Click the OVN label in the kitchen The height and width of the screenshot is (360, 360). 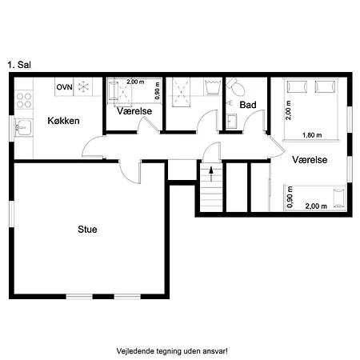coord(64,87)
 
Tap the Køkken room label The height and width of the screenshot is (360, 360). coord(63,121)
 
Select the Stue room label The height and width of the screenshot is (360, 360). coord(87,230)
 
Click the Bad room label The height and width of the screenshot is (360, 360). coord(248,105)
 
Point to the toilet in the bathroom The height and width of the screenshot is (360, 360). coord(236,86)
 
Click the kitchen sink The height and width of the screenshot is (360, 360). coord(23,127)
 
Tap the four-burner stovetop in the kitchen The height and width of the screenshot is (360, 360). coord(24,100)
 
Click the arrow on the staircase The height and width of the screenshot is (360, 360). coord(211,174)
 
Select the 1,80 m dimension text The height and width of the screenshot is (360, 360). coord(312,135)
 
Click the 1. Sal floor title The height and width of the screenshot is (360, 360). coord(19,65)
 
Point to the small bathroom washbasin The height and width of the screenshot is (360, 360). coord(231,122)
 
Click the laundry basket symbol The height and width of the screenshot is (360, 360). coord(213,86)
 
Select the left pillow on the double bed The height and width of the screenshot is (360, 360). coord(297,86)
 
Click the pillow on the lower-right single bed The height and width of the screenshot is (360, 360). coord(338,198)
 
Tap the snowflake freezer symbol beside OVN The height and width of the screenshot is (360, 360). coord(83,87)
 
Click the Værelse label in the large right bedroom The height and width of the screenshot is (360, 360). coord(310,160)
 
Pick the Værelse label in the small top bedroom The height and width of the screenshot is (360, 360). coord(134,111)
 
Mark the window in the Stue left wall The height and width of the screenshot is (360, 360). coord(11,214)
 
